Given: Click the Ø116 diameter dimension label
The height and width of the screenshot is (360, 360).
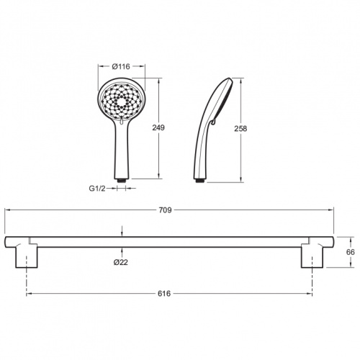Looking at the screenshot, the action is click(x=121, y=66).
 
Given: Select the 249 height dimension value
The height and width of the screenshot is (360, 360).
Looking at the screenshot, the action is click(x=158, y=127).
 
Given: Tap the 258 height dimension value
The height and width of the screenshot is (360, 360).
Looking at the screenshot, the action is click(x=240, y=129).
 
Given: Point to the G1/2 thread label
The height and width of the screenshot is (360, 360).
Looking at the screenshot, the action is click(x=97, y=189).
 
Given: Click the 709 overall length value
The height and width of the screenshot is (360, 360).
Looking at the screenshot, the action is click(x=166, y=210).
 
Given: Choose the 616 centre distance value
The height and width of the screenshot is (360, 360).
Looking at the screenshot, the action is click(x=164, y=294).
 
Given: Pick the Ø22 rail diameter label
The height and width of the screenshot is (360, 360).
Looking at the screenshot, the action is click(x=121, y=263).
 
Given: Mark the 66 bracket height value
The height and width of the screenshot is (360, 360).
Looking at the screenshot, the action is click(x=351, y=252).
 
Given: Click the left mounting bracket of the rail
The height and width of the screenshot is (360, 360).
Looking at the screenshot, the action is click(x=27, y=256).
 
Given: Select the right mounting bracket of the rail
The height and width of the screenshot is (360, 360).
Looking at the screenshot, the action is click(x=312, y=256).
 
